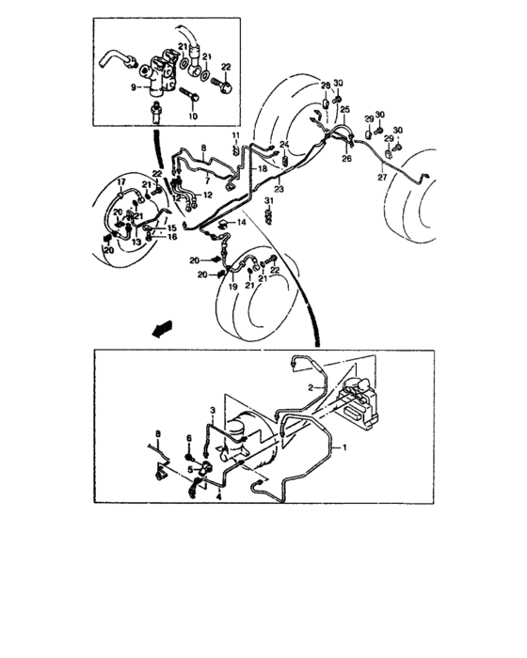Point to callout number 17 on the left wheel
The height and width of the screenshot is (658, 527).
click(120, 180)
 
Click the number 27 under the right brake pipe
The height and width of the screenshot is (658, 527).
click(381, 176)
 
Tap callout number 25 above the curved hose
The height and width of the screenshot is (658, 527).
click(344, 111)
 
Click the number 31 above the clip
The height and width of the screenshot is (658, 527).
click(268, 203)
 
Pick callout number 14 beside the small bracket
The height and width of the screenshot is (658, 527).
click(242, 222)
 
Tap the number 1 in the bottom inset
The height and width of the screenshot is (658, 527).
click(343, 448)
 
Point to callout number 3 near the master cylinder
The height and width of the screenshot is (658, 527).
click(213, 411)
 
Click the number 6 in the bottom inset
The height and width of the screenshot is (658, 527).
click(188, 438)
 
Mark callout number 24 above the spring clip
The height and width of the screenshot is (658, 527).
click(282, 144)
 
